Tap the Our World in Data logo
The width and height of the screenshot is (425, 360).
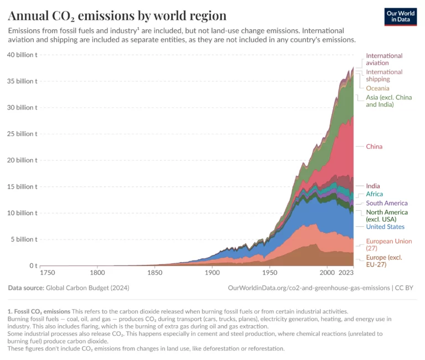(400, 17)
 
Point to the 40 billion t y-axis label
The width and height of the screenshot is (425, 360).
(22, 55)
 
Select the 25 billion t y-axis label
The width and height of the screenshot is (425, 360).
(22, 134)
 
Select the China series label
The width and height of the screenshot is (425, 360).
(374, 147)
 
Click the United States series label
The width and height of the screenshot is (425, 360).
(385, 227)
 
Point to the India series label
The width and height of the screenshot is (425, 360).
(373, 186)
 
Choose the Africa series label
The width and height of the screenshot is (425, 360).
(375, 194)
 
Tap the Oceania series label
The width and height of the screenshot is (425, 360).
(377, 88)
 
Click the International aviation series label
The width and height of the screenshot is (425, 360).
(384, 59)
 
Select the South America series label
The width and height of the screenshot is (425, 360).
(386, 203)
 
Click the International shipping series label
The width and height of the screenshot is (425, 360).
(384, 75)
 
